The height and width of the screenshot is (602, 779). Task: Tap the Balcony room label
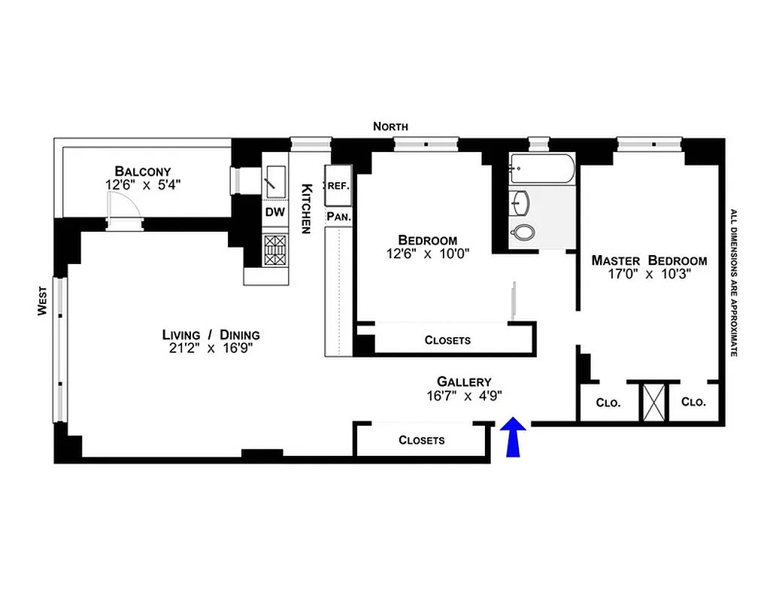(x=143, y=171)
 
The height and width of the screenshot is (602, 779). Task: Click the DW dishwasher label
(x=274, y=212)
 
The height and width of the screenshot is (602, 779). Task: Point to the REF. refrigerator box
(x=337, y=185)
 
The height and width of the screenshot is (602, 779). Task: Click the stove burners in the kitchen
(x=275, y=250)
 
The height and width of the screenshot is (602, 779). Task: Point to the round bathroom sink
(x=519, y=202)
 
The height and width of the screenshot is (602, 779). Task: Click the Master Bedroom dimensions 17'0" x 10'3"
(x=649, y=275)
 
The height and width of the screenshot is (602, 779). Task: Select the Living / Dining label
(x=211, y=335)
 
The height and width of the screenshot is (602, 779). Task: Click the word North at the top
(x=390, y=126)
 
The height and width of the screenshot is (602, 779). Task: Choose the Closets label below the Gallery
(x=421, y=440)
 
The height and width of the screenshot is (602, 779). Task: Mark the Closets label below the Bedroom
(x=447, y=340)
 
